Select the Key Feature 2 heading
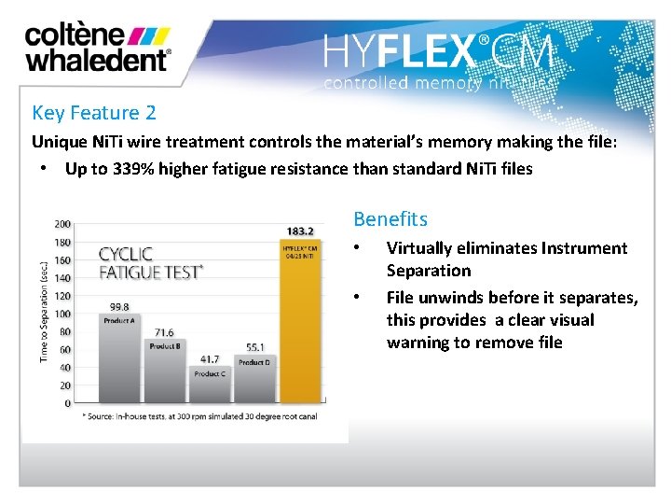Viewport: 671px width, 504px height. point(93,113)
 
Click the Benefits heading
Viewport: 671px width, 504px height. point(390,219)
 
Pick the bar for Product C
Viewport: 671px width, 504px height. point(210,385)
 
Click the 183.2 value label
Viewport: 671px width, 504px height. point(299,231)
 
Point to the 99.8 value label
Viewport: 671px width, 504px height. point(118,306)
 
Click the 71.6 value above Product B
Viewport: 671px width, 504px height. point(164,332)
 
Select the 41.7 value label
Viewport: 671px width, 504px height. point(210,359)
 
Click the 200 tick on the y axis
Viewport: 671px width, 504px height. point(62,224)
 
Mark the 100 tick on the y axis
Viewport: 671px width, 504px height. point(62,314)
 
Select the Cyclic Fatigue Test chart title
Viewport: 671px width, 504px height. point(149,262)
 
